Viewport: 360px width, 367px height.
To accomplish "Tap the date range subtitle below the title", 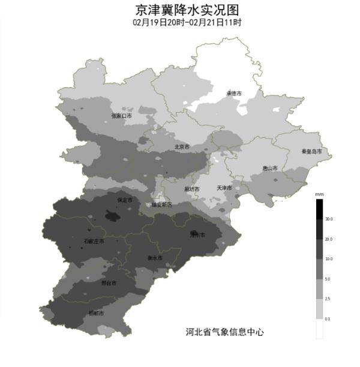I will click(x=187, y=23).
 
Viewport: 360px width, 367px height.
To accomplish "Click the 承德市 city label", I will click(x=233, y=94).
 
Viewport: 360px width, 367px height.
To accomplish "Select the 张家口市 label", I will click(x=121, y=116).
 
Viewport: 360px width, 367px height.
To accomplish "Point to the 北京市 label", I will click(x=182, y=147).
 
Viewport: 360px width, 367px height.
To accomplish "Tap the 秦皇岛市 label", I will click(x=312, y=151).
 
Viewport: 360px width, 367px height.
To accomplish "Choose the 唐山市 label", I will click(x=270, y=169).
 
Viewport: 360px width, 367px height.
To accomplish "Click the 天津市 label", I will click(x=224, y=189).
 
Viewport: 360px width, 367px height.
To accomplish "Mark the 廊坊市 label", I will click(x=192, y=189).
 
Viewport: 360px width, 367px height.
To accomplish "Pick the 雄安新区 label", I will click(x=161, y=205).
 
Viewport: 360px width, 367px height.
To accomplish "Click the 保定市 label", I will click(x=125, y=199).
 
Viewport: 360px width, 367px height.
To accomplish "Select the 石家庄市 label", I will click(x=94, y=241).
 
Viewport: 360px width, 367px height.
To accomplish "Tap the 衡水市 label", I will click(x=155, y=258).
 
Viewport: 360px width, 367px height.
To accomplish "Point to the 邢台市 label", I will click(x=109, y=283).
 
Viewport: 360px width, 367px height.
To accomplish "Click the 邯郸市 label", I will click(x=96, y=314).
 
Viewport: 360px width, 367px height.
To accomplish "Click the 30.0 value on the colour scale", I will click(x=329, y=220).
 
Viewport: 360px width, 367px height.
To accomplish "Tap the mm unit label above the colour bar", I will click(x=320, y=195).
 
